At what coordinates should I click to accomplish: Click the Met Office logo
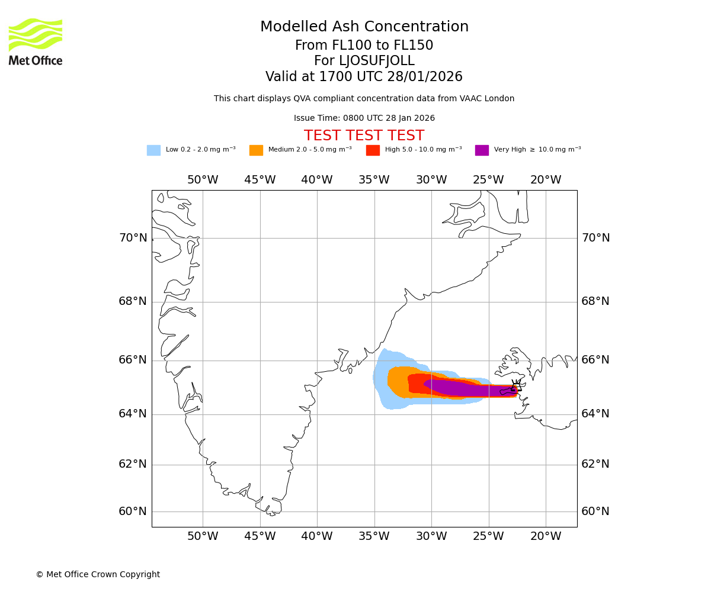36,41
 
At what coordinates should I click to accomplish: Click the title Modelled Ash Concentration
364,27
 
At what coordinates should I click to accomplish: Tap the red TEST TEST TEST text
364,136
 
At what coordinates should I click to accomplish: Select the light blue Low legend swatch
153,150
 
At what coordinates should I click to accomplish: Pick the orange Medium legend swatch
256,150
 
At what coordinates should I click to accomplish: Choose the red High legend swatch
373,150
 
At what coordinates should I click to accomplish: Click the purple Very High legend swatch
482,150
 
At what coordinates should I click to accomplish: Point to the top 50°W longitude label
203,180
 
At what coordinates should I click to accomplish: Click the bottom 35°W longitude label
374,536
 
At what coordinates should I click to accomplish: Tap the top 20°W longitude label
546,180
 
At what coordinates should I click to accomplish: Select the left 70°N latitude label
133,238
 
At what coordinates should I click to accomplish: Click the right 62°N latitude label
595,464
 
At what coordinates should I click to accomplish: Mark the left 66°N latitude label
133,360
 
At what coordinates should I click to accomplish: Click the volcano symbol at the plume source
516,387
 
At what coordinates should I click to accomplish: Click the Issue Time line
364,118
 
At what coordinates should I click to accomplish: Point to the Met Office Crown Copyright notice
98,574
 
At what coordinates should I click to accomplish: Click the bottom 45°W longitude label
260,536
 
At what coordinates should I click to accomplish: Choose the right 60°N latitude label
595,511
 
